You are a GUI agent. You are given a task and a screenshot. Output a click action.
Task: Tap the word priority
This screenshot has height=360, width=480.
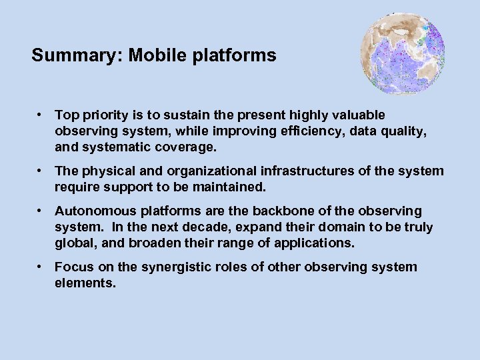point(102,116)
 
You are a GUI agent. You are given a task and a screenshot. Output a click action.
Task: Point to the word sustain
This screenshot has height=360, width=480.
point(171,116)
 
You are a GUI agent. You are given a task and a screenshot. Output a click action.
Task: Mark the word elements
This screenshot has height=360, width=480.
point(85,283)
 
